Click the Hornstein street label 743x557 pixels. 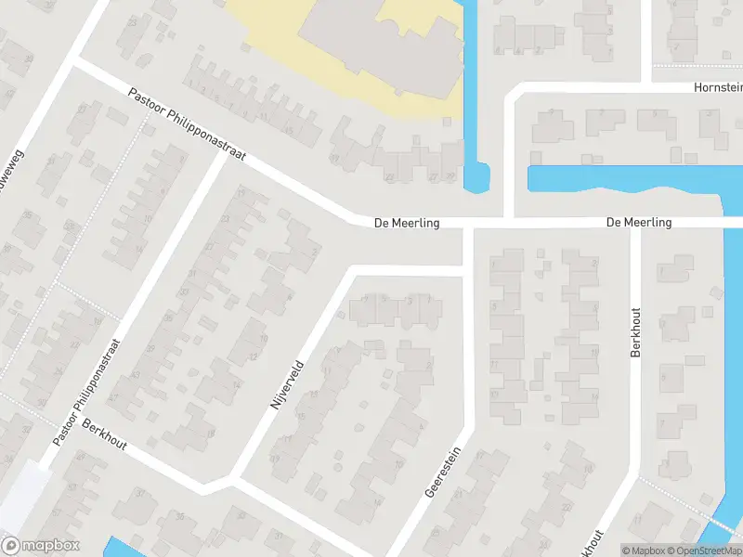[x=718, y=87]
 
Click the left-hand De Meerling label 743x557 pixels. [x=406, y=224]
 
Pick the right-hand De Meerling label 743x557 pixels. [x=638, y=223]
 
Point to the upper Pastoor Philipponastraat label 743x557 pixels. [x=187, y=125]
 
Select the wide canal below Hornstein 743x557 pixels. [x=622, y=178]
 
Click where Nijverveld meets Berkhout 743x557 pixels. [x=229, y=479]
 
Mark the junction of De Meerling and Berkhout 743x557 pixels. [x=636, y=225]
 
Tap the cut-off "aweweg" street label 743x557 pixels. [x=13, y=154]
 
